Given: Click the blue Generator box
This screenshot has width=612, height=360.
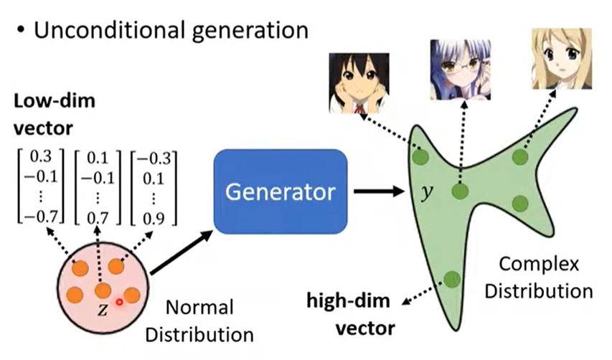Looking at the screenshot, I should click(x=281, y=191).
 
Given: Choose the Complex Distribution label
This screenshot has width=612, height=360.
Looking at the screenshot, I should click(x=549, y=278).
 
